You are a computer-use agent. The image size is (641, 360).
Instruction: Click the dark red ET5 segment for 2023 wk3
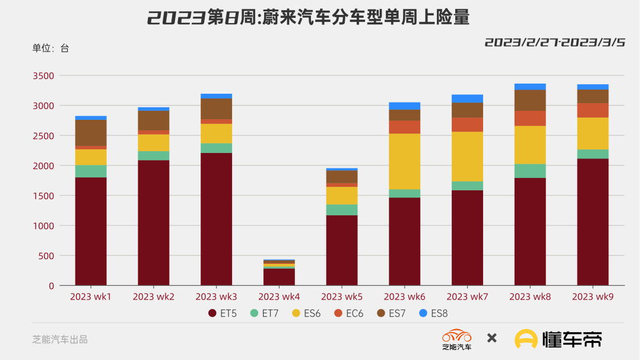[216, 219]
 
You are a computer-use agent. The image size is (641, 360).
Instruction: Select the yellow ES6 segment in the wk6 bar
[404, 161]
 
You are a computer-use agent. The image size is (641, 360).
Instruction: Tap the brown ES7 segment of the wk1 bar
[91, 132]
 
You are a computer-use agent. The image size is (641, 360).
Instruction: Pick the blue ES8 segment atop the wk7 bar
[467, 98]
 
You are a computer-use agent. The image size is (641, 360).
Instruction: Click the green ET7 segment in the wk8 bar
[530, 171]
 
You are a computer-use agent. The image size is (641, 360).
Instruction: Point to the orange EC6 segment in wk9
[593, 110]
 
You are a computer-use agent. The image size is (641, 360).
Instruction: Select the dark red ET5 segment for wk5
[342, 250]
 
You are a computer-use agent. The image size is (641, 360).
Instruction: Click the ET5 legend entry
[223, 313]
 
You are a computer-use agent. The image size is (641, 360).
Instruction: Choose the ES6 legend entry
[306, 313]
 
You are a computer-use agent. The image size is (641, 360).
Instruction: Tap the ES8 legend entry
[433, 313]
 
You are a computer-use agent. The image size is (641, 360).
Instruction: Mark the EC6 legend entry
[348, 313]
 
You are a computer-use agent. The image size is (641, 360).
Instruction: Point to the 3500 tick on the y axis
[43, 76]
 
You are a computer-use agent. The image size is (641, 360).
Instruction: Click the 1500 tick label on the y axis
[43, 196]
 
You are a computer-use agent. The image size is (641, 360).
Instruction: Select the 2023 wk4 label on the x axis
[279, 296]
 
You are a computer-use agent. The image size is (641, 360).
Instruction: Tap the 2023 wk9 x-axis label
[593, 296]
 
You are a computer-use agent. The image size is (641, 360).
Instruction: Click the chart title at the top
[308, 18]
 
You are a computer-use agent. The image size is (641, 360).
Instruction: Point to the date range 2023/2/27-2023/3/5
[555, 42]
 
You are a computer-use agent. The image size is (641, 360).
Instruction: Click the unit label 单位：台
[50, 48]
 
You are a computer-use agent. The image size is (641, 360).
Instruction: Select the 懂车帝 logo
[558, 339]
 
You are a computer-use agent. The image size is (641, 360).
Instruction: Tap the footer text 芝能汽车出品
[60, 339]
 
